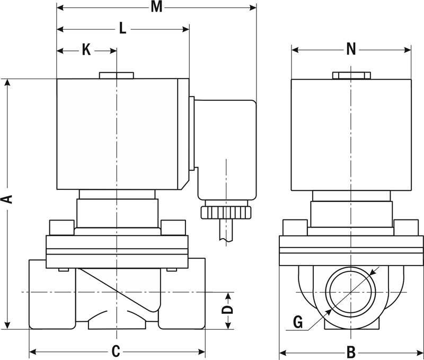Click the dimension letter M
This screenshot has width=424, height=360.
(156, 7)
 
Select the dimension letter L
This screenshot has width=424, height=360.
(122, 29)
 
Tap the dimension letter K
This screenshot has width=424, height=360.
(86, 50)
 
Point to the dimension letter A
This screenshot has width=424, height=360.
(7, 200)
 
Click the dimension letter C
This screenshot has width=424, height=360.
(117, 351)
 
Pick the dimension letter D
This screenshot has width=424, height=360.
(227, 310)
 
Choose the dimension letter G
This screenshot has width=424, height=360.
(298, 322)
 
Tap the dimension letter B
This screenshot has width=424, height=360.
(350, 352)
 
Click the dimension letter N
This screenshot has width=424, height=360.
(351, 49)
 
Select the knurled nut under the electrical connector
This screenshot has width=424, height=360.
(227, 213)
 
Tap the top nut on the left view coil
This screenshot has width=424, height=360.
(116, 75)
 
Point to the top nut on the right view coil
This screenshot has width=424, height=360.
(351, 75)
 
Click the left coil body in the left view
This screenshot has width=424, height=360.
(122, 133)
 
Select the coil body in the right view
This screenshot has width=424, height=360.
(351, 135)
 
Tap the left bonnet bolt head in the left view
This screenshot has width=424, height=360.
(60, 227)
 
